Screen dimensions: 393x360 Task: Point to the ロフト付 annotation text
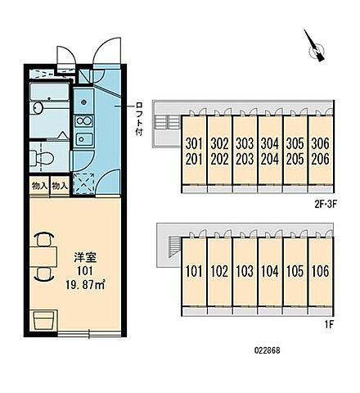coord(140,118)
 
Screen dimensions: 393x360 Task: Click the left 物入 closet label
coord(39,186)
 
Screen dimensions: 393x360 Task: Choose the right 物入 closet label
coord(59,186)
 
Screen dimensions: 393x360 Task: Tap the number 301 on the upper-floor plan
coord(193,144)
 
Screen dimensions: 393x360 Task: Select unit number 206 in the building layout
coord(321,158)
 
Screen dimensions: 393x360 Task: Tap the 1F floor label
coord(327,325)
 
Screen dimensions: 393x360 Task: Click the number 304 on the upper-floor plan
coord(270,144)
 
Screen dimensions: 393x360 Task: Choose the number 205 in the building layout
coord(295,158)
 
